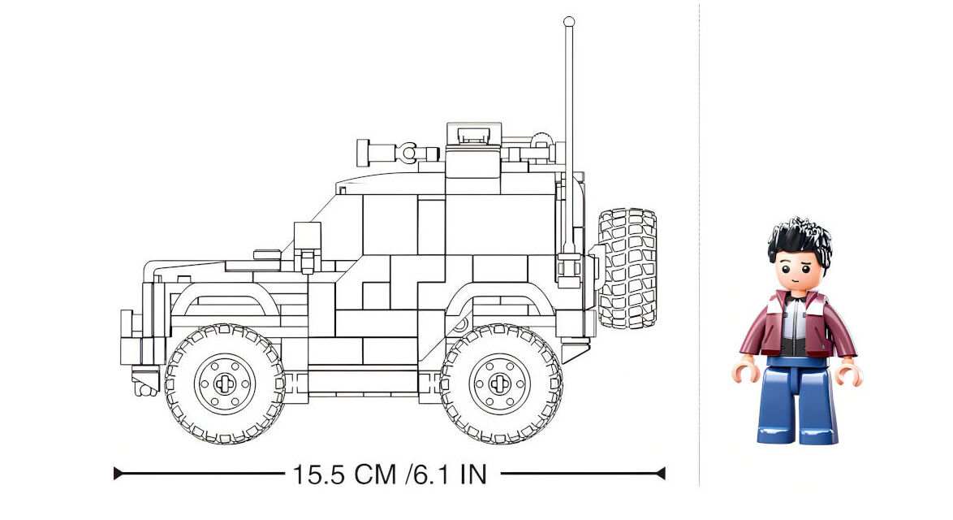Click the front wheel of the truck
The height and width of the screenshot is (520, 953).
(x=225, y=383)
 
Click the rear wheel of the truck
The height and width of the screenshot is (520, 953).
(x=501, y=383)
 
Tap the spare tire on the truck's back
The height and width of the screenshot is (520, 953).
(x=627, y=268)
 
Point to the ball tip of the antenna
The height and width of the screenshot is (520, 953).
(x=569, y=22)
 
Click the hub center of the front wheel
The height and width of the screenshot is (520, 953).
(x=225, y=383)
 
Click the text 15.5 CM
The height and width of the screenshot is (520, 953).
(x=345, y=474)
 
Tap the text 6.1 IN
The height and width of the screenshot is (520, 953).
(x=451, y=474)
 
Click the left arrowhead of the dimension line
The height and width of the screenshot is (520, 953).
(x=118, y=473)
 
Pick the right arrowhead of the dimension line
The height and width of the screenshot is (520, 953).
(x=662, y=473)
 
